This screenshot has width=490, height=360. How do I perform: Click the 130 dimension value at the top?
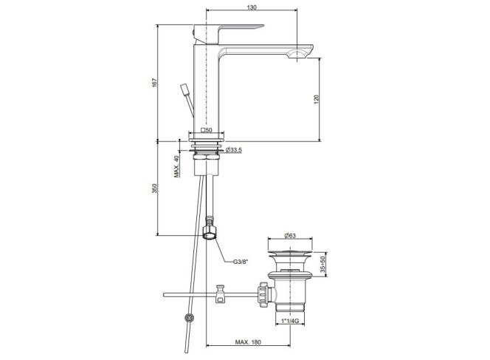pyautogui.click(x=252, y=7)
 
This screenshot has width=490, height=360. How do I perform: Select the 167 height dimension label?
pyautogui.click(x=155, y=82)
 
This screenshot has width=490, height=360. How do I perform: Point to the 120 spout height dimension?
pyautogui.click(x=317, y=99)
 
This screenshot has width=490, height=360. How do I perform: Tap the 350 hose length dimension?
pyautogui.click(x=155, y=189)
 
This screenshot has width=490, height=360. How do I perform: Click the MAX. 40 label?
pyautogui.click(x=177, y=166)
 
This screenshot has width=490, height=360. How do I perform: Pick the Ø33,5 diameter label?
pyautogui.click(x=233, y=150)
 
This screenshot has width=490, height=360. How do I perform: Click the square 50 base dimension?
pyautogui.click(x=206, y=130)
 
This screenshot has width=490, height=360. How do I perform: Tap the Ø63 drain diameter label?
pyautogui.click(x=290, y=235)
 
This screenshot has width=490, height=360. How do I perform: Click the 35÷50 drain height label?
pyautogui.click(x=322, y=265)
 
